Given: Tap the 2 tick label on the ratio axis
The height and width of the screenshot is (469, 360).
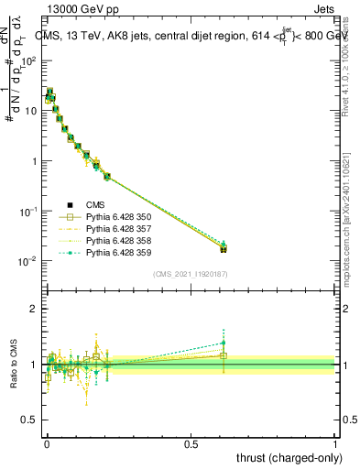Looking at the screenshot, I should (x=35, y=309).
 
